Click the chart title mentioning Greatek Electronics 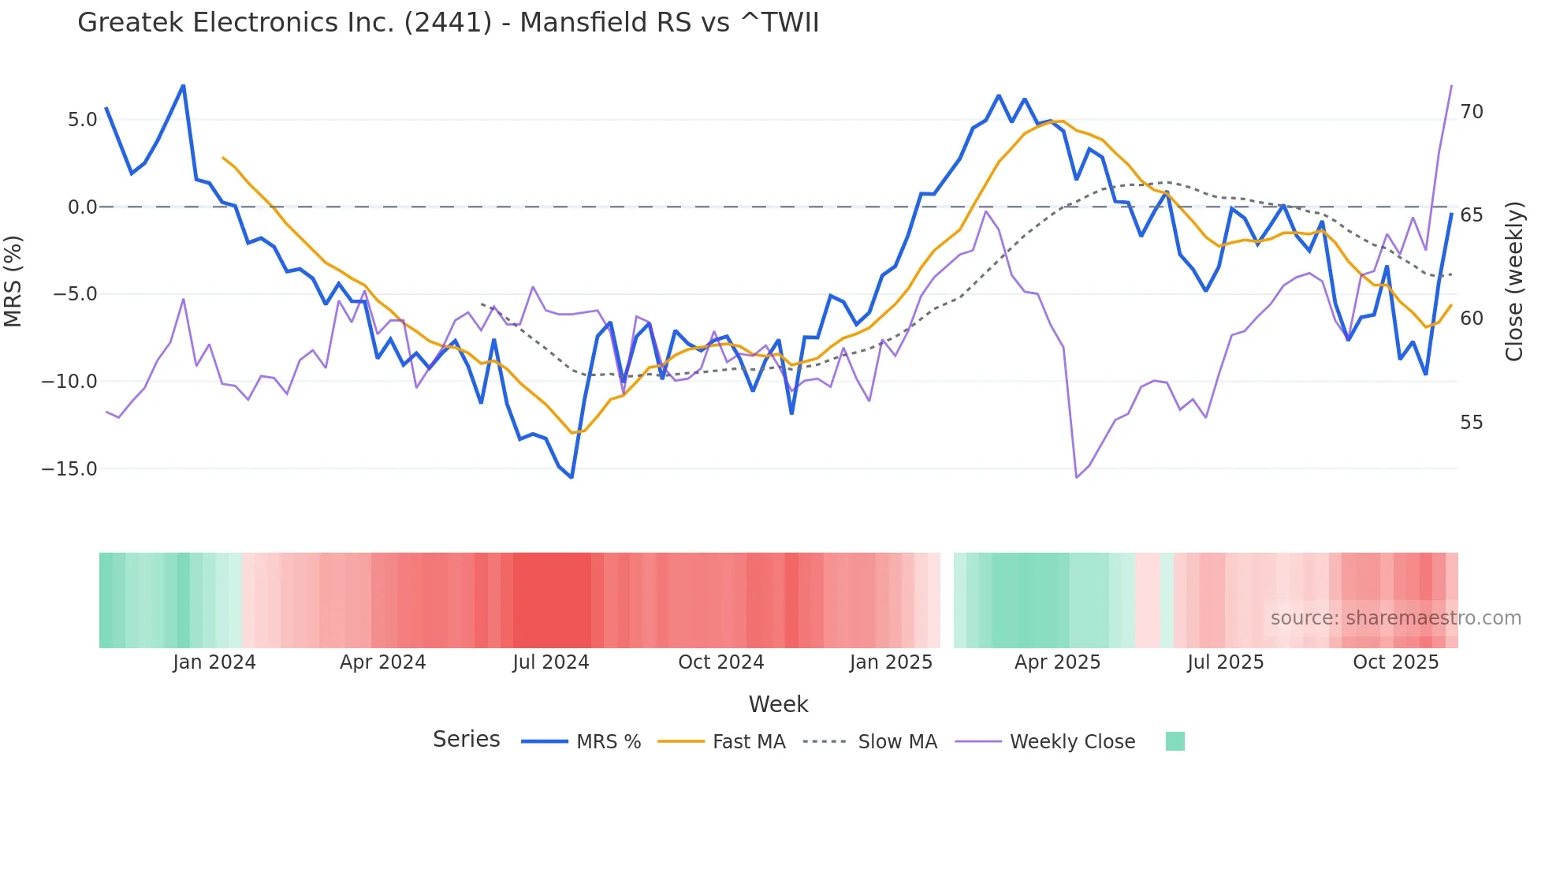pyautogui.click(x=448, y=23)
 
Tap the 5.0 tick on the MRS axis pyautogui.click(x=82, y=120)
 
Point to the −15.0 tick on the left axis pyautogui.click(x=69, y=469)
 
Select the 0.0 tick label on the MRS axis pyautogui.click(x=82, y=207)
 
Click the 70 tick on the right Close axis pyautogui.click(x=1471, y=112)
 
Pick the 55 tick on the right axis pyautogui.click(x=1471, y=423)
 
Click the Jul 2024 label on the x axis pyautogui.click(x=550, y=662)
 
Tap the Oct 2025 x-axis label pyautogui.click(x=1395, y=662)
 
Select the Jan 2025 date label pyautogui.click(x=891, y=662)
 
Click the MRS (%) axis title pyautogui.click(x=13, y=281)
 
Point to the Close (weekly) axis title pyautogui.click(x=1513, y=281)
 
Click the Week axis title pyautogui.click(x=778, y=704)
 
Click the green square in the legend pyautogui.click(x=1175, y=741)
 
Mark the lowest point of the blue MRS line pyautogui.click(x=571, y=477)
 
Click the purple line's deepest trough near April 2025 pyautogui.click(x=1077, y=477)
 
